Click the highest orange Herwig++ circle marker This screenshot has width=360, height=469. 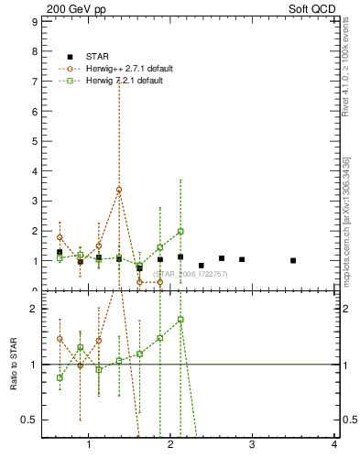tap(119, 190)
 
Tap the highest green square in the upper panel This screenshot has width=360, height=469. tap(180, 232)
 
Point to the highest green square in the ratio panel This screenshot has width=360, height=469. tap(180, 320)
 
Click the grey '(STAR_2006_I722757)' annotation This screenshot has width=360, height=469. tap(191, 274)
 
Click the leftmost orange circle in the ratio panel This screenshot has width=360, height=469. tap(60, 338)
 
